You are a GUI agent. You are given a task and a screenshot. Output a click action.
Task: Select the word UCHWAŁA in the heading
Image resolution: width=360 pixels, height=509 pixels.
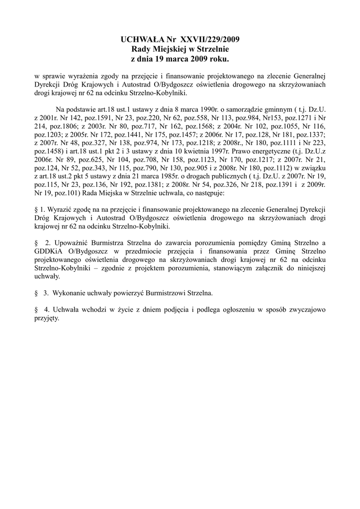[142, 39]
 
